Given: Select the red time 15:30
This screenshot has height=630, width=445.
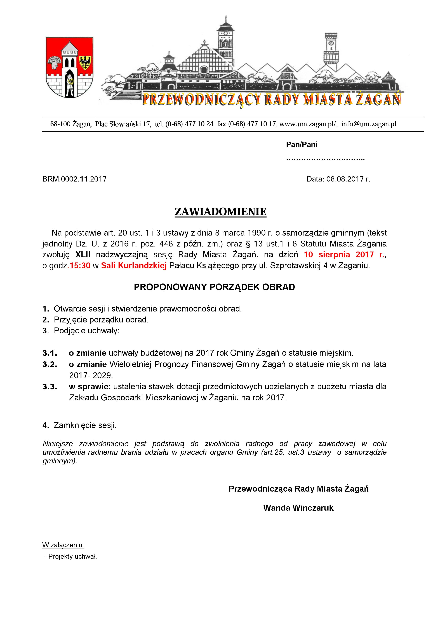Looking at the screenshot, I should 80,266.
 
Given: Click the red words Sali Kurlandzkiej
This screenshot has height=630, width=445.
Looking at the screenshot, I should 134,266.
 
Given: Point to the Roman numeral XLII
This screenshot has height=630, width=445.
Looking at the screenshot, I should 83,254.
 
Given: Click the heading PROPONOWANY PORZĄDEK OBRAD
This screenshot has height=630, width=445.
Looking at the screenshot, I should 214,287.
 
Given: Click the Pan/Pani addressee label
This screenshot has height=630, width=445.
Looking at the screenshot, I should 302,144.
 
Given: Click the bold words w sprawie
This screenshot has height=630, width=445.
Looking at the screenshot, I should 89,387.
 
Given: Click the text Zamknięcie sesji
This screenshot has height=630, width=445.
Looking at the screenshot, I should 85,425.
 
